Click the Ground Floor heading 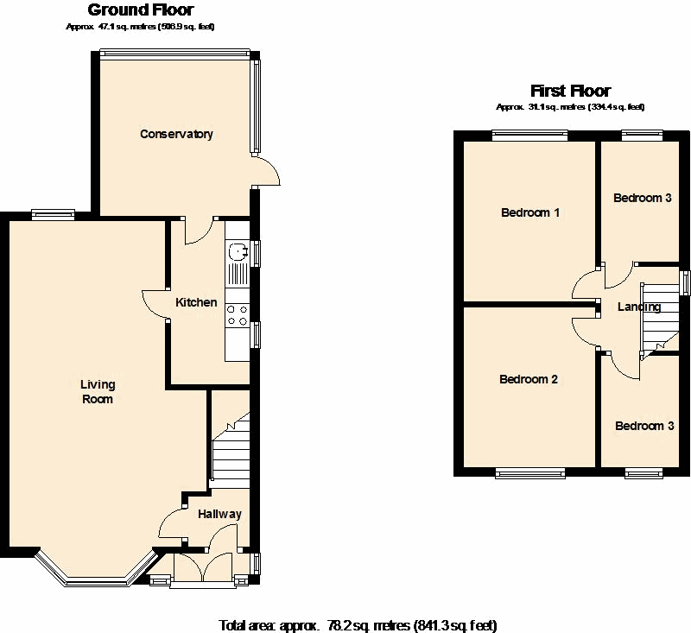tap(141, 9)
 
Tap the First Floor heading tap(570, 91)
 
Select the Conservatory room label tap(176, 134)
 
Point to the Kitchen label tap(196, 302)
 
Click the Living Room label tap(98, 391)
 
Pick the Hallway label tap(219, 514)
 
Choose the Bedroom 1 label tap(530, 212)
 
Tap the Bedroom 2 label tap(529, 379)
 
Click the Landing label tap(639, 307)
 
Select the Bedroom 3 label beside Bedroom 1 tap(642, 198)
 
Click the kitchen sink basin tap(237, 252)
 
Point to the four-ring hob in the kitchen tap(237, 315)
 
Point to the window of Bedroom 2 tap(530, 473)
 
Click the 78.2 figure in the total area tap(339, 625)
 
